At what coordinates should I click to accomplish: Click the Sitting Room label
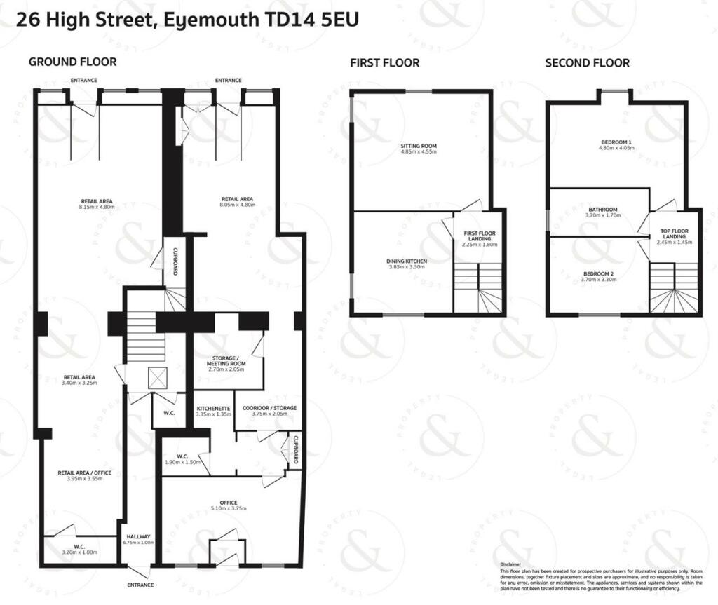(x=419, y=146)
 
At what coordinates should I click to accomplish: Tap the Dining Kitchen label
(x=407, y=261)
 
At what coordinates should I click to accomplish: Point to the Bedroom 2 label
(x=598, y=273)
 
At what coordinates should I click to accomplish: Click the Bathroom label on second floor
(x=603, y=210)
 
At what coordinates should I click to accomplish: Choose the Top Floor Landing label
(x=675, y=233)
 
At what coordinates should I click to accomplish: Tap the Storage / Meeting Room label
(x=226, y=361)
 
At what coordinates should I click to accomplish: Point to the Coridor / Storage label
(x=269, y=408)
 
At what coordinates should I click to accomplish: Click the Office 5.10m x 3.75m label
(x=229, y=503)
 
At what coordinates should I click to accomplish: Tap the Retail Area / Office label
(x=84, y=473)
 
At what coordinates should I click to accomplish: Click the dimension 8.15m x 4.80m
(x=97, y=208)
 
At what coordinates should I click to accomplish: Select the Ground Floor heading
(x=72, y=62)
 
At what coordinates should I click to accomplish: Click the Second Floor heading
(x=587, y=63)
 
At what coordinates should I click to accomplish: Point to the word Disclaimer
(x=510, y=564)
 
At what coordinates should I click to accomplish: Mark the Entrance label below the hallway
(x=140, y=585)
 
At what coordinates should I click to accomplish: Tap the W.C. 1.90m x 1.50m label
(x=181, y=456)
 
